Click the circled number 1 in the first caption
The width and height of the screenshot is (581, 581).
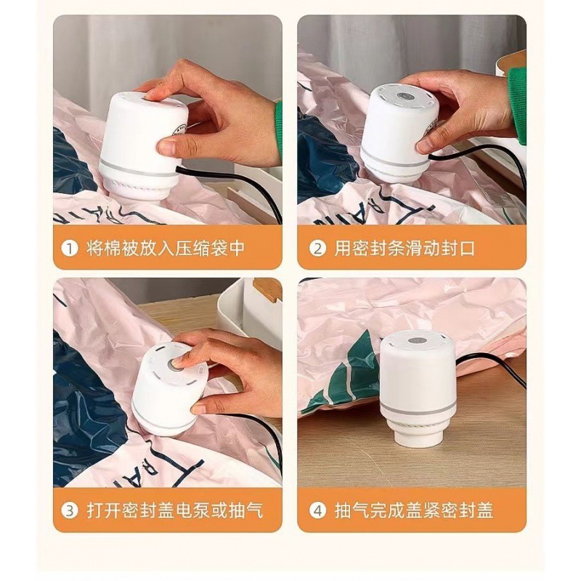pos(69,248)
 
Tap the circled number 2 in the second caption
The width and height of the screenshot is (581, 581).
pos(317,248)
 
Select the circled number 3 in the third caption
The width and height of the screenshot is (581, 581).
pos(69,511)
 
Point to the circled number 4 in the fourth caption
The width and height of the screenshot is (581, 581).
pos(317,511)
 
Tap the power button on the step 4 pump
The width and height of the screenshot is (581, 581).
pos(414,340)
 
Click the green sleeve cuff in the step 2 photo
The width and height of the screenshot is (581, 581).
pos(516,105)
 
